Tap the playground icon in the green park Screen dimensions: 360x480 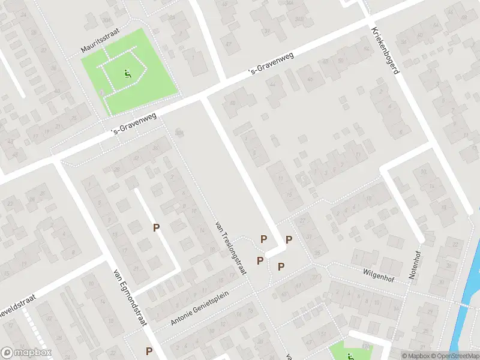click(127, 74)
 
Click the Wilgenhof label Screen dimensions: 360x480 click(378, 273)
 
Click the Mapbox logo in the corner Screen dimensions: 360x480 click(26, 353)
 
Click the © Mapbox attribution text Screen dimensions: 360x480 click(415, 355)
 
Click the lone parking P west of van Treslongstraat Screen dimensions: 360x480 click(157, 227)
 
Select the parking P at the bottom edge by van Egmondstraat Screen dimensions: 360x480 click(149, 351)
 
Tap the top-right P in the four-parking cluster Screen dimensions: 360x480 click(289, 239)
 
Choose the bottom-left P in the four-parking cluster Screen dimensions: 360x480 click(260, 260)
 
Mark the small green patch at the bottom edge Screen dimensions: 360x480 click(351, 350)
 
